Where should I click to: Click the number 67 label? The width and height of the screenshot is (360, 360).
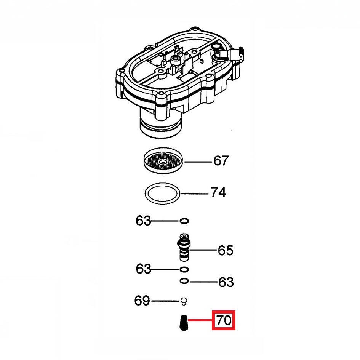point(221,161)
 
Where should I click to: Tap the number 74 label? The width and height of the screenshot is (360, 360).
point(218,192)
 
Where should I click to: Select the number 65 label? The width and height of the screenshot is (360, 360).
point(226,250)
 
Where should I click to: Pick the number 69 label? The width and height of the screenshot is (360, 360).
point(142,301)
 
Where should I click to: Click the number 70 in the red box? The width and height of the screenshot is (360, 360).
point(224,320)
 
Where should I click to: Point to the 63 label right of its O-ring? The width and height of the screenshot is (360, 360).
point(226,282)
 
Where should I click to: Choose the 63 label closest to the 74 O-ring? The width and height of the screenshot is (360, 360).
point(143,221)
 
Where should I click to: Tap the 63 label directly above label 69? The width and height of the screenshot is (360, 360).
point(144,269)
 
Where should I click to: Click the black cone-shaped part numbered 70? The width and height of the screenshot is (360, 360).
point(183,323)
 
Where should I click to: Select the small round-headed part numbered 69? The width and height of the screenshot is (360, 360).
point(184,301)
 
